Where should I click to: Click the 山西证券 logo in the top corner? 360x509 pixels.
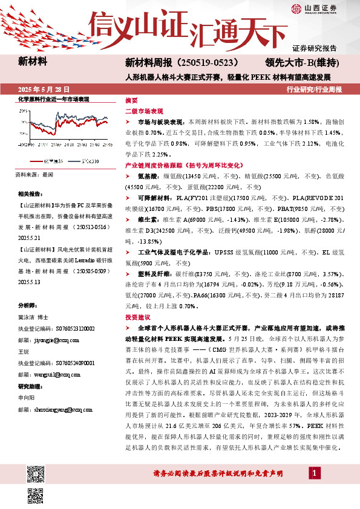pos(315,8)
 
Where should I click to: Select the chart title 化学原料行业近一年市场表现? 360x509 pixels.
pos(54,99)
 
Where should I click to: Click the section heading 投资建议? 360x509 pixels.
pos(139,317)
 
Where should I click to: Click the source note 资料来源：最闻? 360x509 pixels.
pos(34,174)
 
